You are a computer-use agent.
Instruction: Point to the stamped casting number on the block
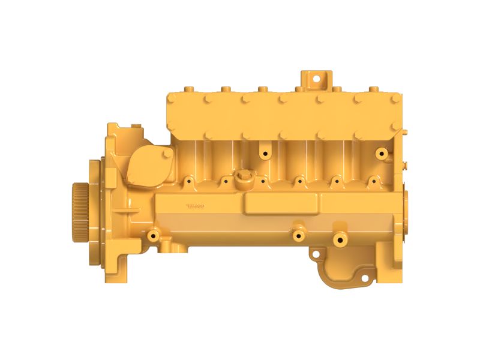tap(196, 206)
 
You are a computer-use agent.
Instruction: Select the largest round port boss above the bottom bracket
tap(340, 239)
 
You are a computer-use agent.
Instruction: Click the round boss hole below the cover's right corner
tap(380, 154)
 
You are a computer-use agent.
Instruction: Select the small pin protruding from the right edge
tap(406, 163)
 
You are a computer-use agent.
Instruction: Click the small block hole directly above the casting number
tap(189, 179)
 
